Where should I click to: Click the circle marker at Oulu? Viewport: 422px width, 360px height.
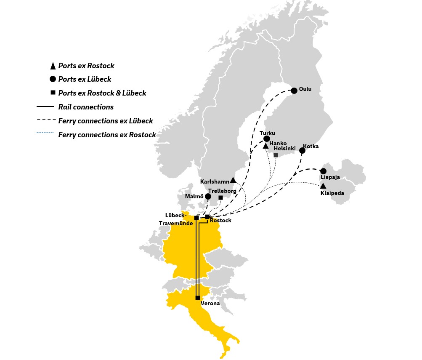294,91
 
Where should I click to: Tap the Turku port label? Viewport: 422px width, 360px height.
267,133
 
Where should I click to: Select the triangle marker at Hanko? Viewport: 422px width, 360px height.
265,146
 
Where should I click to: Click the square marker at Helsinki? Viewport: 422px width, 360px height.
276,155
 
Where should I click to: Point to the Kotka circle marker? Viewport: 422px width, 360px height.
302,150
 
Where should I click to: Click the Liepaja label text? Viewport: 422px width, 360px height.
330,177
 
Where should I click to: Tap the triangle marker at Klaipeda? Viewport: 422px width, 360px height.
323,186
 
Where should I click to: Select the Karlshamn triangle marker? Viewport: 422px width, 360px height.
233,180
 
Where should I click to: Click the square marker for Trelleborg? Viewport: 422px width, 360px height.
220,197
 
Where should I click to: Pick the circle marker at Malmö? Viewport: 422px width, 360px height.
208,196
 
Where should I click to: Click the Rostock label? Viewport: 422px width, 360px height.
220,220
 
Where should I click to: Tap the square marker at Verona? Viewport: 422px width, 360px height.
198,298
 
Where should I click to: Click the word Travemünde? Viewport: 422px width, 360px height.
176,223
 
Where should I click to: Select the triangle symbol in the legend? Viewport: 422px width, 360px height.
53,66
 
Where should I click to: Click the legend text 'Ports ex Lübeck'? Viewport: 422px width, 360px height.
85,79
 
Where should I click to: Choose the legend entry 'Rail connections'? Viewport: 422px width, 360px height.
86,107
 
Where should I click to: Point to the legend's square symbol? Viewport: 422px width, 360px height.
53,93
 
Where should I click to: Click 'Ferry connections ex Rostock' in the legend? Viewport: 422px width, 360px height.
107,135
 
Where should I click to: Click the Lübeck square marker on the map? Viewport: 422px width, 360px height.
196,218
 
